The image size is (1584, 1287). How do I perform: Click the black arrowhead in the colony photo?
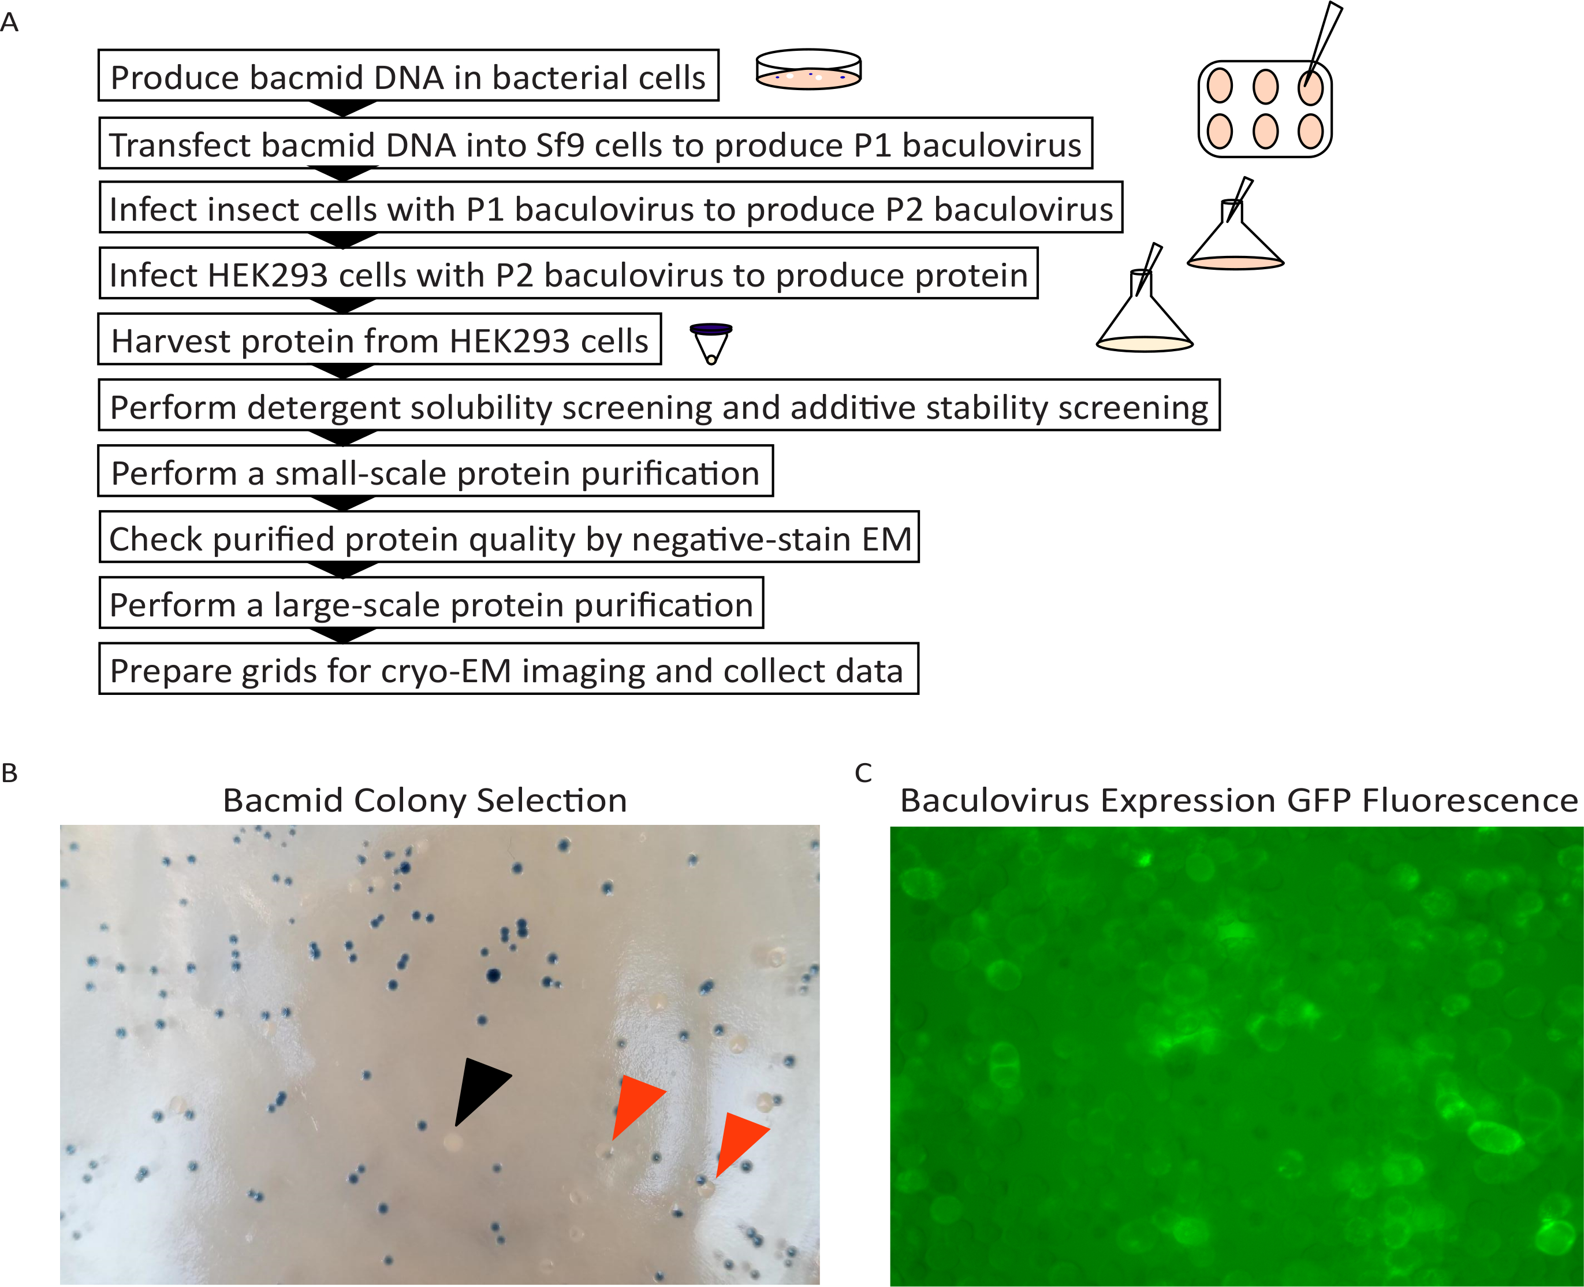coord(479,1090)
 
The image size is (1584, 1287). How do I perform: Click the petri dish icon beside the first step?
coord(808,70)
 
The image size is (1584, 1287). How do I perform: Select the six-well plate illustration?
coord(1265,110)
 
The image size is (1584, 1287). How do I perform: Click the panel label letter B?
coord(10,773)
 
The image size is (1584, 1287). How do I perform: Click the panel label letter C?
coord(863,773)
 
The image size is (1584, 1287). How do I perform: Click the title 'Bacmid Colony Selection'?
coord(424,801)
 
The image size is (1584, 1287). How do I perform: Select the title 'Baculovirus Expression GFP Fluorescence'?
coord(1239,801)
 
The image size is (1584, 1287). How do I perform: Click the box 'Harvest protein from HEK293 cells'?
coord(379,341)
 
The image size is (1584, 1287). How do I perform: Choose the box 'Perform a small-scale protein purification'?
coord(435,473)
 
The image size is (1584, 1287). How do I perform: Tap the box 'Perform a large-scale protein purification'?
coord(431,605)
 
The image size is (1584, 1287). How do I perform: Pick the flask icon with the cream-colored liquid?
coord(1145,319)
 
